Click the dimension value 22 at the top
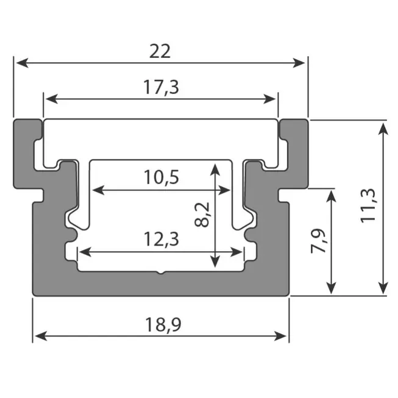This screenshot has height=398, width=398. (160, 51)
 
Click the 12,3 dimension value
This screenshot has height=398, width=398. (161, 240)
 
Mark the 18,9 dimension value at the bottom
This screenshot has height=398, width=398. (160, 324)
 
